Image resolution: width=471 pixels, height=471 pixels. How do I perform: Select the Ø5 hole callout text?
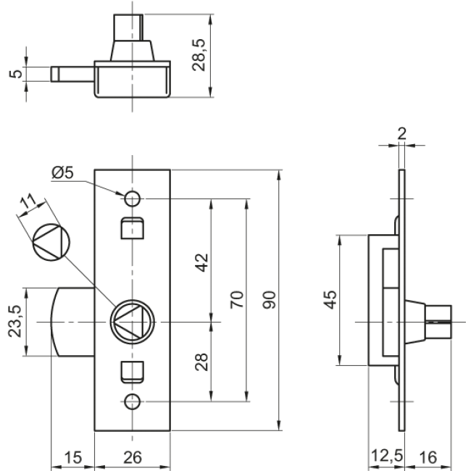(64, 172)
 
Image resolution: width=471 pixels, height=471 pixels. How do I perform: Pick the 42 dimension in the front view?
(201, 262)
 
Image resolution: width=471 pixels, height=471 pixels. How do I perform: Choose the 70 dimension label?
(237, 299)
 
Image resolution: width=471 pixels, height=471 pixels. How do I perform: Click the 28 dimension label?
(201, 361)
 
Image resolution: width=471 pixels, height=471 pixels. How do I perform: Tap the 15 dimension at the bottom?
(73, 457)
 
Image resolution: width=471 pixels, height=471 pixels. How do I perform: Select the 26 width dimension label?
(132, 457)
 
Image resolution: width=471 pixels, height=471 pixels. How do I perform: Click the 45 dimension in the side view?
(330, 299)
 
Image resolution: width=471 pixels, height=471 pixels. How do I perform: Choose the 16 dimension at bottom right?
(429, 457)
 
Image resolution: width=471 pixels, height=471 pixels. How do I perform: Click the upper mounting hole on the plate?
(132, 198)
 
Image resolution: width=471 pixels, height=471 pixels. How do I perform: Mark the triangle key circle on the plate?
(131, 320)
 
